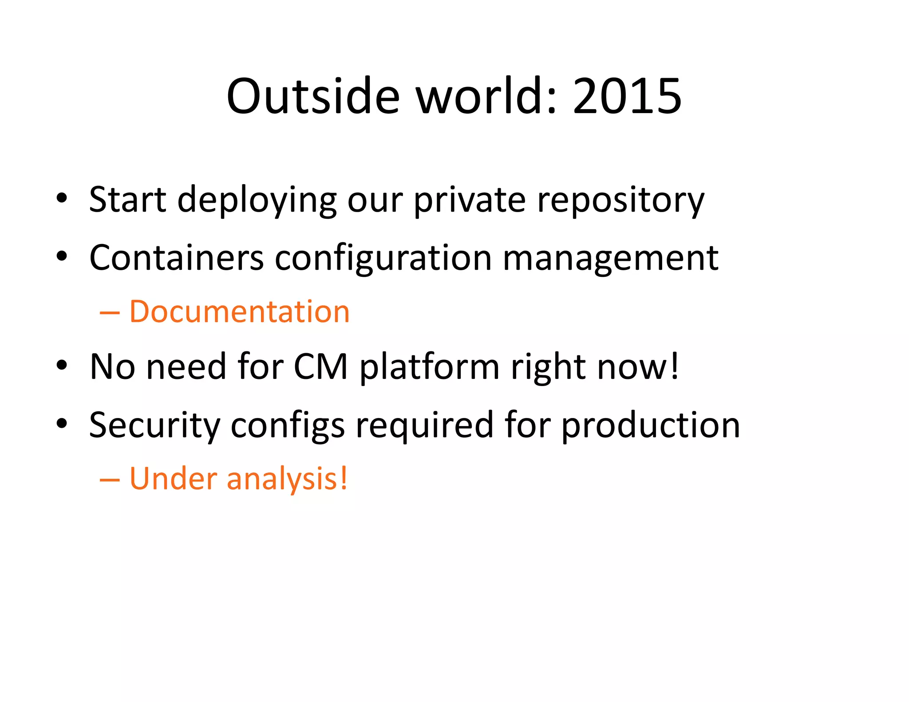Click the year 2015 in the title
pos(627,96)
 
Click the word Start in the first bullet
pos(128,199)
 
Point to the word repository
pos(620,200)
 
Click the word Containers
pos(176,258)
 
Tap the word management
pos(610,259)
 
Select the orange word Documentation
pos(240,312)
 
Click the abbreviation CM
pos(321,367)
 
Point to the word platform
pos(429,367)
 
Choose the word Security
pos(154,425)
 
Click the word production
pos(651,425)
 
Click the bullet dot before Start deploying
pos(62,198)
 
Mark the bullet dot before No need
pos(62,365)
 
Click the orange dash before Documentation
pos(110,313)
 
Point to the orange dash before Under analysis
pos(110,480)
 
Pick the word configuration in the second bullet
pos(383,259)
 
